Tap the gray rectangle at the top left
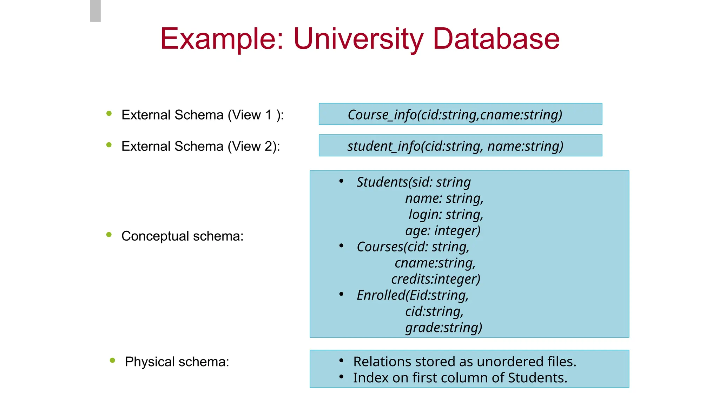(95, 11)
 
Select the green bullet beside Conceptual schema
(109, 235)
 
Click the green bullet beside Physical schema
(112, 360)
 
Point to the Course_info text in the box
(382, 115)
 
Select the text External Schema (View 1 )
(202, 115)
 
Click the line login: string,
(446, 214)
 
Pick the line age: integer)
(443, 230)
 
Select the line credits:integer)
(435, 279)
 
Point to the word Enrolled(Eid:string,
(413, 295)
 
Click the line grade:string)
(443, 328)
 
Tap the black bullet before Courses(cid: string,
(341, 246)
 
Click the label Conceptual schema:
(182, 236)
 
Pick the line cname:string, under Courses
(435, 263)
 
